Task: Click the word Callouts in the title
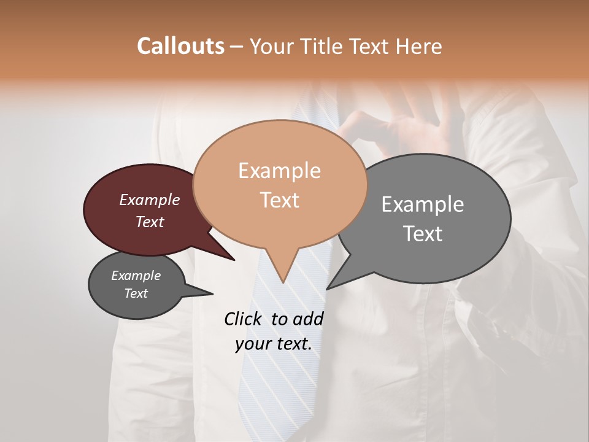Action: click(180, 46)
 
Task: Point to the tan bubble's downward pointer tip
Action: click(283, 282)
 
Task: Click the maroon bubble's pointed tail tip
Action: click(234, 260)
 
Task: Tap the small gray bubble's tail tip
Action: click(213, 293)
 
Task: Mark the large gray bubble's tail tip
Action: click(327, 289)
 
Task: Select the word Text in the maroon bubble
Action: click(149, 222)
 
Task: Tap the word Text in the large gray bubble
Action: click(423, 234)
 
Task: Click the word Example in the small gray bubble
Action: click(136, 276)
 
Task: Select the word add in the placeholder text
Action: click(308, 319)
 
